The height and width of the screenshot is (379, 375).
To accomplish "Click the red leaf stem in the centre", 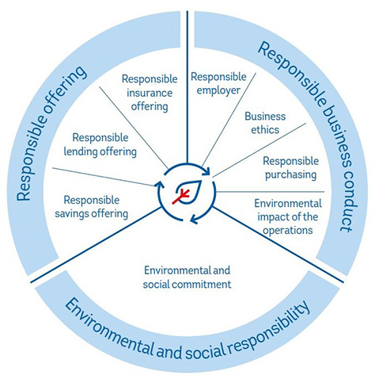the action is pos(181,197).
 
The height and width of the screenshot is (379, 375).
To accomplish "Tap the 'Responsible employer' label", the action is pos(218,83).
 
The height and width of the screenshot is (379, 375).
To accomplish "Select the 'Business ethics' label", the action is pos(265,123).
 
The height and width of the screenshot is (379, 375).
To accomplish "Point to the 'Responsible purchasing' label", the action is pos(290,168).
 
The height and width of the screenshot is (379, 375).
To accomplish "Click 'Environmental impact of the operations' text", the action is pos(288,216).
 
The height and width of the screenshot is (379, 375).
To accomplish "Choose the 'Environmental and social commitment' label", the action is pos(187,278).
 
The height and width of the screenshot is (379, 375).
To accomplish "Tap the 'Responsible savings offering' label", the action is pos(92,207).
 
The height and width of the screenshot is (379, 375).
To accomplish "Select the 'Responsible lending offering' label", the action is pos(100,145).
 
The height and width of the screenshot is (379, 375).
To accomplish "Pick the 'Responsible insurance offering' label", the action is pos(150,93).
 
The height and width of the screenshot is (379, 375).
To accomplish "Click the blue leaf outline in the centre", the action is pos(189,191).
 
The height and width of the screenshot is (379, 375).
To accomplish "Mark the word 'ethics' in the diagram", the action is pos(265,129).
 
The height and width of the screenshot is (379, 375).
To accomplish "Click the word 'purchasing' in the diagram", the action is pos(290,175).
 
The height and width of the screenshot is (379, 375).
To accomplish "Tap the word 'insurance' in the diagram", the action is pos(150,93).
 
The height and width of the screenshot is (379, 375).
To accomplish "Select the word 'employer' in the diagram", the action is pos(218,90).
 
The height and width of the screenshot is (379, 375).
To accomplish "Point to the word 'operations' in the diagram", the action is pos(288,230).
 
